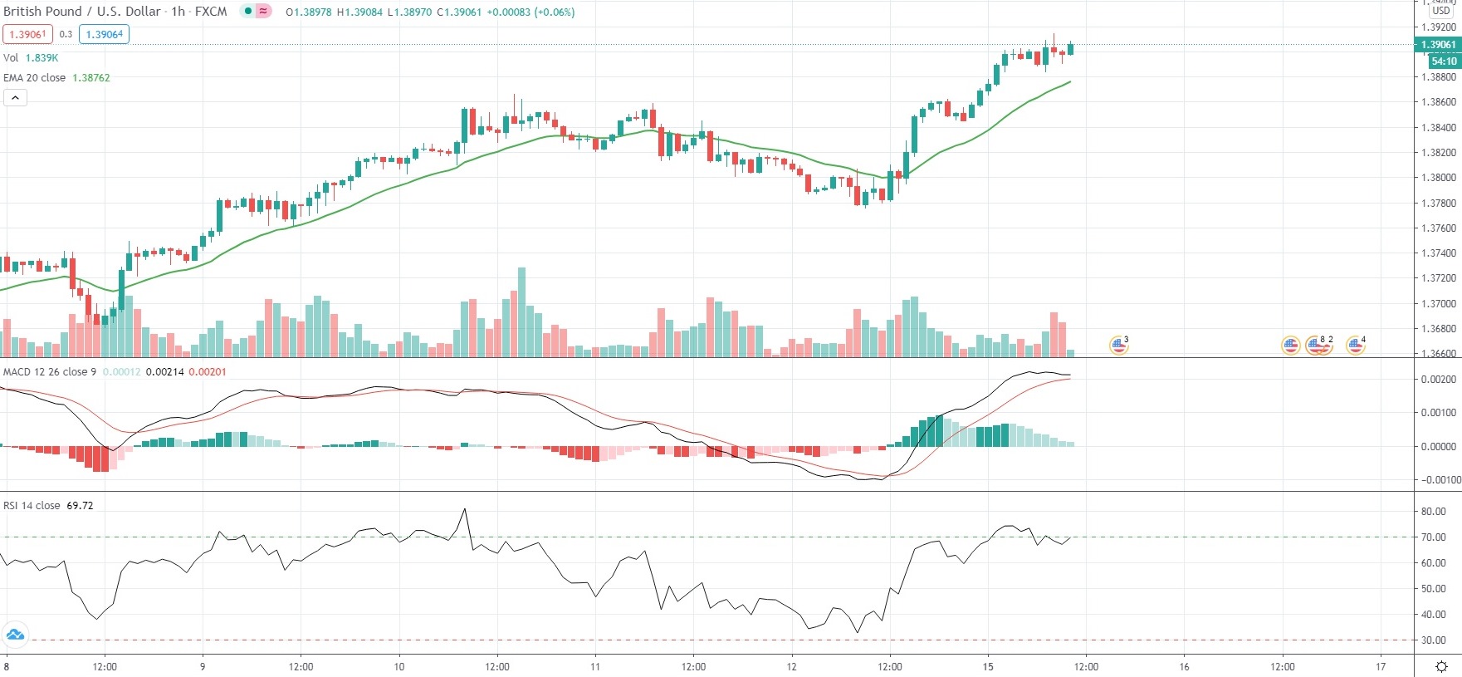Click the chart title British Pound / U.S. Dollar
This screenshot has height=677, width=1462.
click(x=83, y=12)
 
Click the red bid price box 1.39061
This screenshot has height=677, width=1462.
click(x=27, y=34)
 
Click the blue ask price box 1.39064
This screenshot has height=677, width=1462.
click(x=104, y=34)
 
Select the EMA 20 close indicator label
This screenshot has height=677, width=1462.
click(x=56, y=78)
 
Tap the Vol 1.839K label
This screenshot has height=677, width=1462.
click(x=31, y=58)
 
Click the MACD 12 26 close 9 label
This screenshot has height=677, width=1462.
click(x=50, y=372)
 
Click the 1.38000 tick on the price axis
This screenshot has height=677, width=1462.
click(x=1438, y=178)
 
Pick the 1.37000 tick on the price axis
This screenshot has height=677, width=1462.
click(x=1438, y=304)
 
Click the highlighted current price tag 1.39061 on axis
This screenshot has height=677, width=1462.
click(x=1438, y=45)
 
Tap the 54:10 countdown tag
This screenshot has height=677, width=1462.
click(x=1444, y=61)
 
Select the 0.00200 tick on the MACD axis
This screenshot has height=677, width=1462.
click(x=1438, y=380)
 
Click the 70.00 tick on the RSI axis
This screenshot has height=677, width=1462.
click(x=1434, y=537)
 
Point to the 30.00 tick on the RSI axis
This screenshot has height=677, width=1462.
click(x=1434, y=640)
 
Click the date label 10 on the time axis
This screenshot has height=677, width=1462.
click(x=399, y=666)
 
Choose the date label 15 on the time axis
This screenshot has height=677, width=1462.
click(x=988, y=666)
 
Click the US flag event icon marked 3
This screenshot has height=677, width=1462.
click(x=1118, y=345)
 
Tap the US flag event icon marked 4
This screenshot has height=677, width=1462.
click(x=1355, y=345)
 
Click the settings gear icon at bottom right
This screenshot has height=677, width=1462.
click(x=1441, y=666)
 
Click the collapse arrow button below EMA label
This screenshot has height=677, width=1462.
click(x=15, y=98)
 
